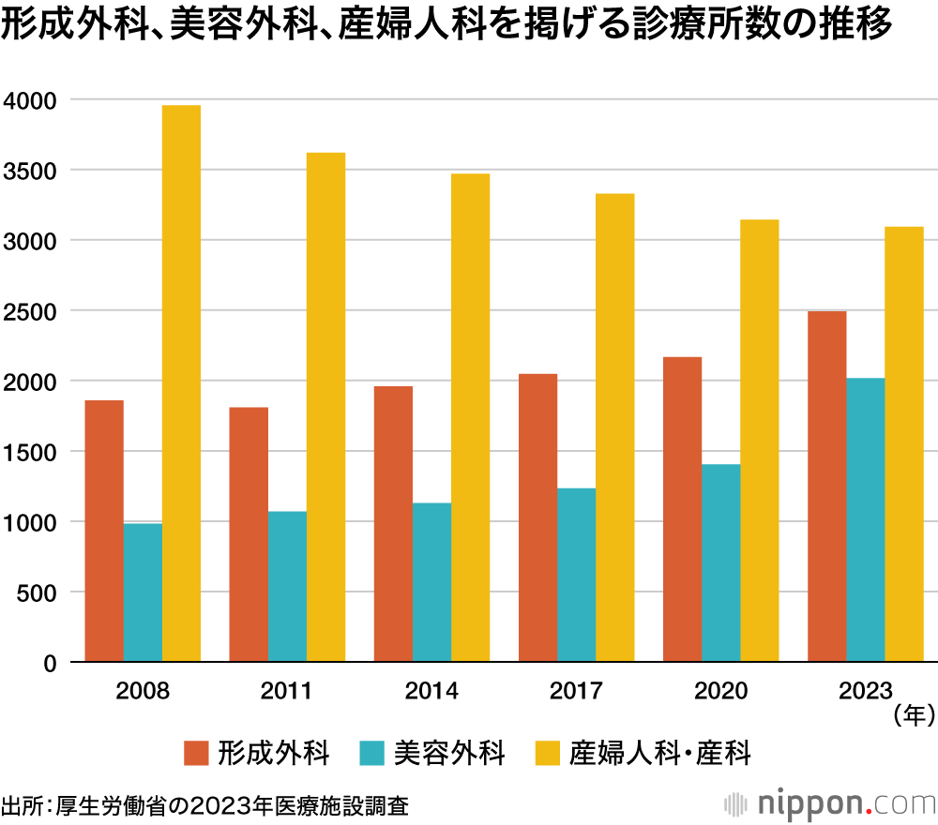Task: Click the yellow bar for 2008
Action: [x=181, y=383]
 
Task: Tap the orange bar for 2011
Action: [x=249, y=534]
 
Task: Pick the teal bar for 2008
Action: [x=143, y=592]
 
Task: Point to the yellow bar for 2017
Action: [x=614, y=427]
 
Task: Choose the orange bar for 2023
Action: [x=827, y=487]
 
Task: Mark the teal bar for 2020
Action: [x=721, y=563]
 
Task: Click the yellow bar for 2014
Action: [x=470, y=417]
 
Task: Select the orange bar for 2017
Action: [x=537, y=517]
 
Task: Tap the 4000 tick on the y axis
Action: [x=31, y=100]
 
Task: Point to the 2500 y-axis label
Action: [x=31, y=311]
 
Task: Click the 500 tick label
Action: [x=38, y=592]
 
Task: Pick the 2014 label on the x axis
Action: [x=432, y=692]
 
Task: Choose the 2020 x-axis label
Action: [x=721, y=692]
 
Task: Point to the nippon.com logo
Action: [x=830, y=803]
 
